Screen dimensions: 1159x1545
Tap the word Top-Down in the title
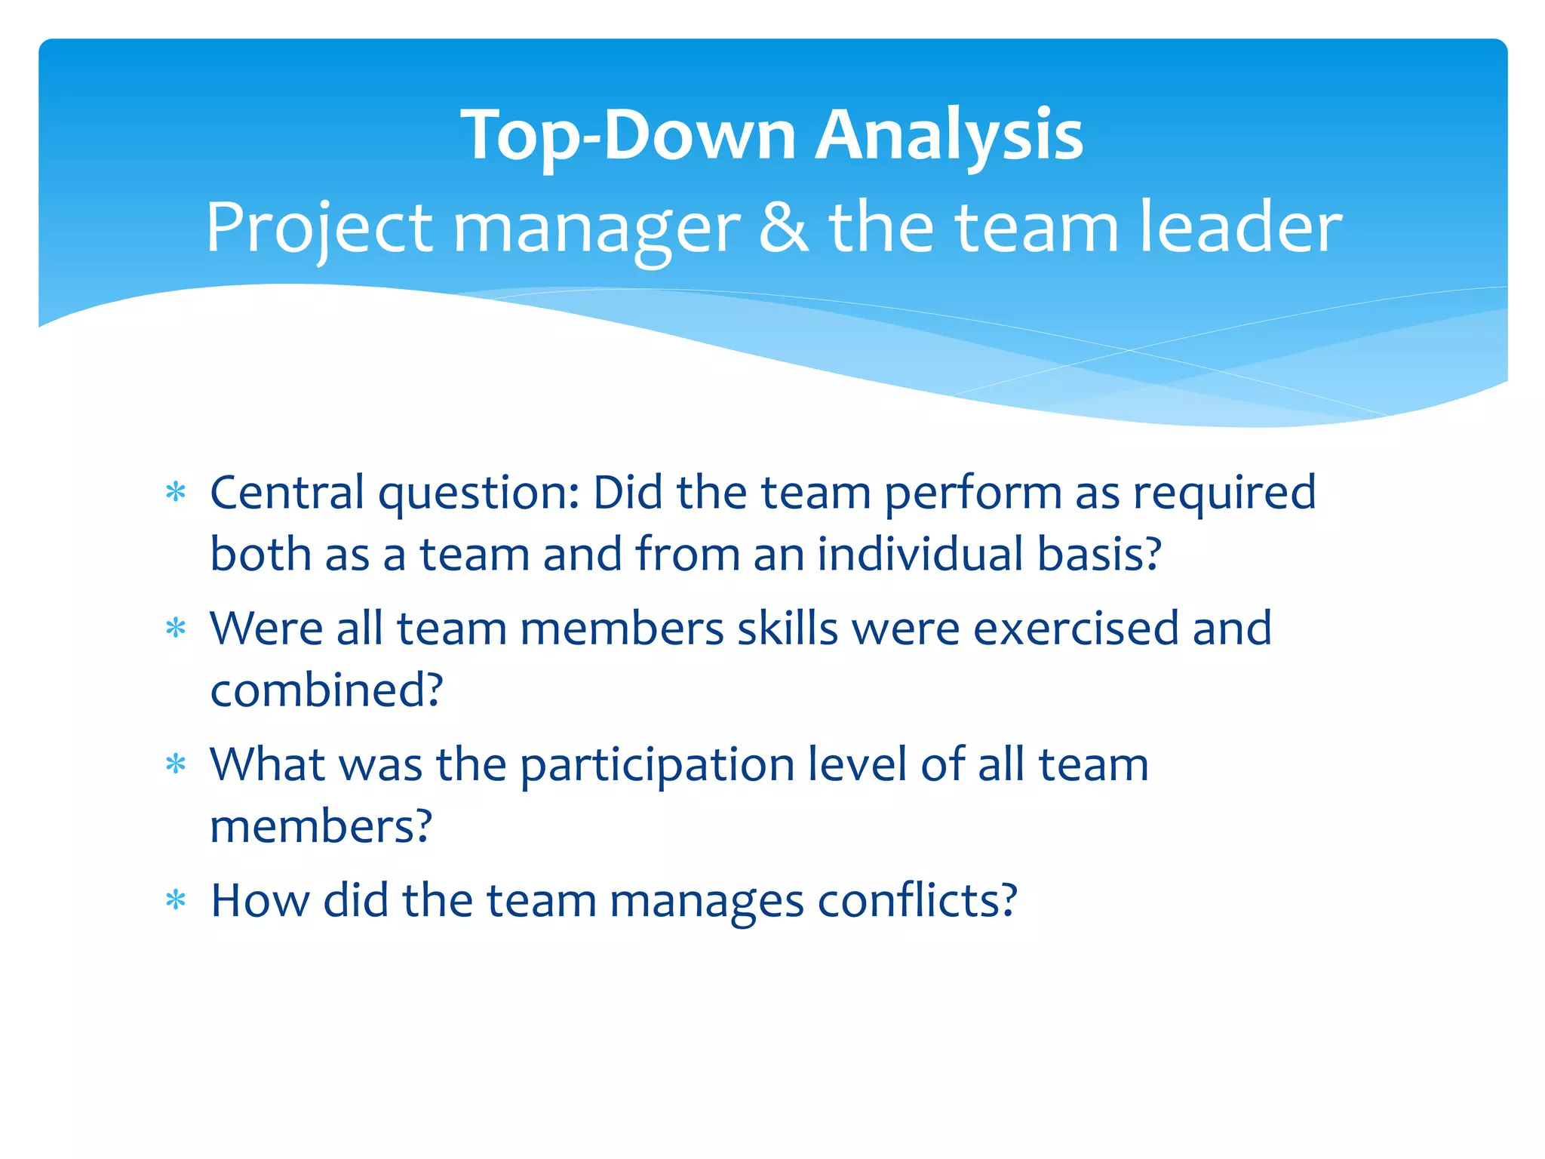tap(628, 136)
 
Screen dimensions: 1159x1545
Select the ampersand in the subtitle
tap(784, 228)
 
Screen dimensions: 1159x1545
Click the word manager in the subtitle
tap(596, 228)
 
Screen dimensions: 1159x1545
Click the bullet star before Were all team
tap(176, 629)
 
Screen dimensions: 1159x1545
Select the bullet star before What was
tap(176, 765)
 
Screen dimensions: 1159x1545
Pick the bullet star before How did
tap(176, 900)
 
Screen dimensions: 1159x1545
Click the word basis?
tap(1099, 555)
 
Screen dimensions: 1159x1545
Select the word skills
tap(788, 629)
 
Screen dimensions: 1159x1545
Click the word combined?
tap(327, 690)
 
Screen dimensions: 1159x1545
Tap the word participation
tap(657, 765)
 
